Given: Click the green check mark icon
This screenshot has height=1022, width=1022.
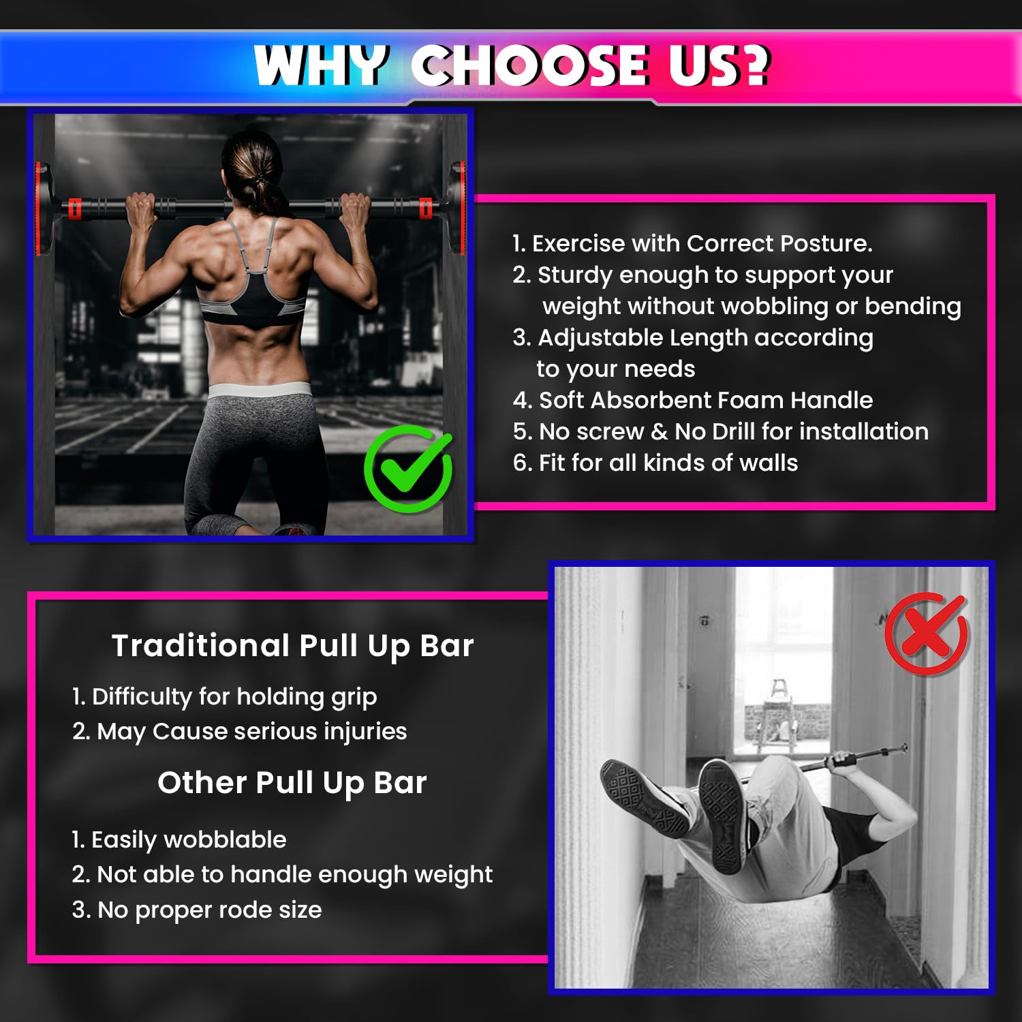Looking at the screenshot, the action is (408, 469).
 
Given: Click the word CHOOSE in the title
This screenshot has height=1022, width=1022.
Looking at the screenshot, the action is (530, 66).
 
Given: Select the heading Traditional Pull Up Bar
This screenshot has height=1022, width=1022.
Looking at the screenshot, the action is (292, 646).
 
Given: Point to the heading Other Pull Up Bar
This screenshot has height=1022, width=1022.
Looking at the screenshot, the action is (292, 783).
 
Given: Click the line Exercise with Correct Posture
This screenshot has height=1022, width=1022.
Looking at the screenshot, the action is (692, 243).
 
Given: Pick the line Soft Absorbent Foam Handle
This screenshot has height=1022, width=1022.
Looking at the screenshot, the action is (693, 400).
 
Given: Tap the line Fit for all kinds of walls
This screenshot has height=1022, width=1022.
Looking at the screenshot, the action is (655, 463).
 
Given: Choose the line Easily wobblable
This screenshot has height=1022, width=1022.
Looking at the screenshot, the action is (179, 840).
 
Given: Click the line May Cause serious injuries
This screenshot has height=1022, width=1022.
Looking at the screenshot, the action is (239, 732).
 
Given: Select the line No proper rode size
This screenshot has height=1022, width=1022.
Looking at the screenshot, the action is (196, 910).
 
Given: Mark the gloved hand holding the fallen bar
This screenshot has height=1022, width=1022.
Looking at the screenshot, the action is (843, 762).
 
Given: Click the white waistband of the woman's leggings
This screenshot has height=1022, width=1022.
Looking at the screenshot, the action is (259, 391).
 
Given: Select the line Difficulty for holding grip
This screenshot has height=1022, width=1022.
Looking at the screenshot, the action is (224, 697).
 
